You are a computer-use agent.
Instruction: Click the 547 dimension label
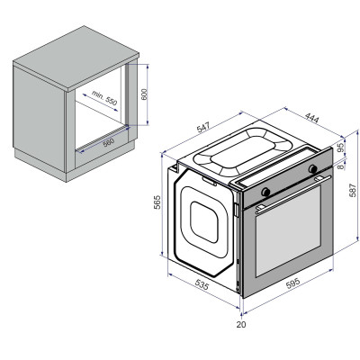coord(204,130)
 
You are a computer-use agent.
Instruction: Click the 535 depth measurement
coord(203,286)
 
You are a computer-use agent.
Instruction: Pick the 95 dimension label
coord(340,148)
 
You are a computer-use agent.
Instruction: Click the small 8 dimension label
coord(340,166)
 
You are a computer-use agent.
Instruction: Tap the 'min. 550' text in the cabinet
coord(105,101)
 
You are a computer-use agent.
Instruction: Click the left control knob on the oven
coord(266,191)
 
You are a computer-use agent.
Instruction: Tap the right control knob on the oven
coord(312,169)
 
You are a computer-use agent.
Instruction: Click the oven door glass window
coord(288,236)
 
